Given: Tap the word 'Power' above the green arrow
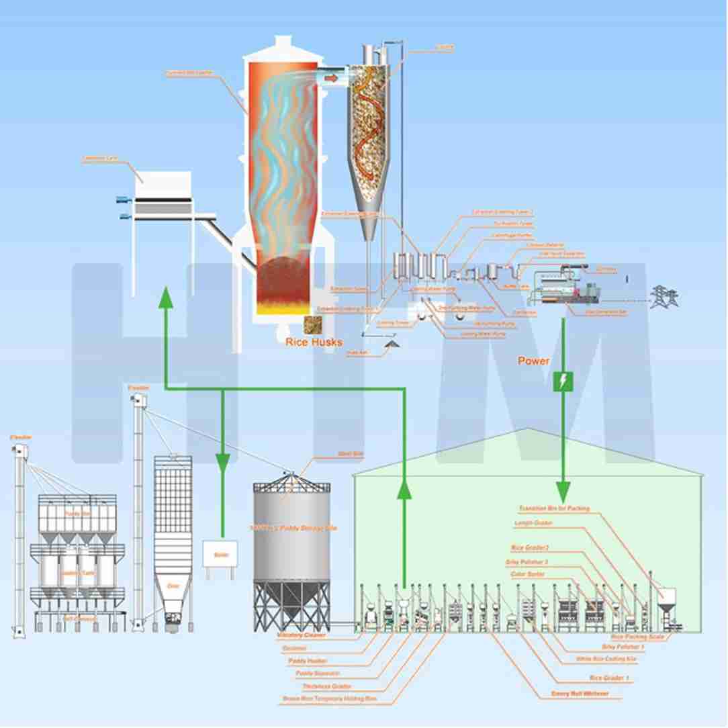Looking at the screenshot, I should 533,361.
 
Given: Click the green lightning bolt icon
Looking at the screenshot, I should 563,382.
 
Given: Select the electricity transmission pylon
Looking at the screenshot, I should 663,296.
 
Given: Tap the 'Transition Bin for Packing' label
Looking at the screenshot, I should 554,508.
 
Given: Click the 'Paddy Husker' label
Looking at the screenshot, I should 308,661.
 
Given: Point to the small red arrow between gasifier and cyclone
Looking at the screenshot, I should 330,79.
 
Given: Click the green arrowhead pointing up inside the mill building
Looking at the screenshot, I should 403,490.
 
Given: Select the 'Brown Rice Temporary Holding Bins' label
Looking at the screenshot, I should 320,699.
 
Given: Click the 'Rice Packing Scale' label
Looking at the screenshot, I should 636,635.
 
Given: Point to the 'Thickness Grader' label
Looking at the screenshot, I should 318,686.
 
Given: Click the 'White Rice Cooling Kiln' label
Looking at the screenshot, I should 606,659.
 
